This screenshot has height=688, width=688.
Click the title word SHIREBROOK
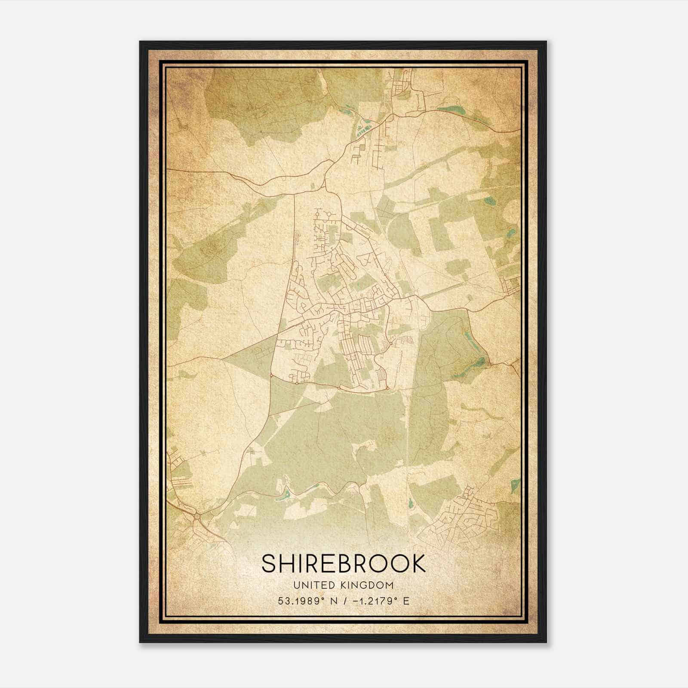344,564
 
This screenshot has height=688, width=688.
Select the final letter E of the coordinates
406,601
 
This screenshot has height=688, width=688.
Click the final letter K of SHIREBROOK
418,564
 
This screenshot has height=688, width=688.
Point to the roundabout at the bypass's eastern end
387,388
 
